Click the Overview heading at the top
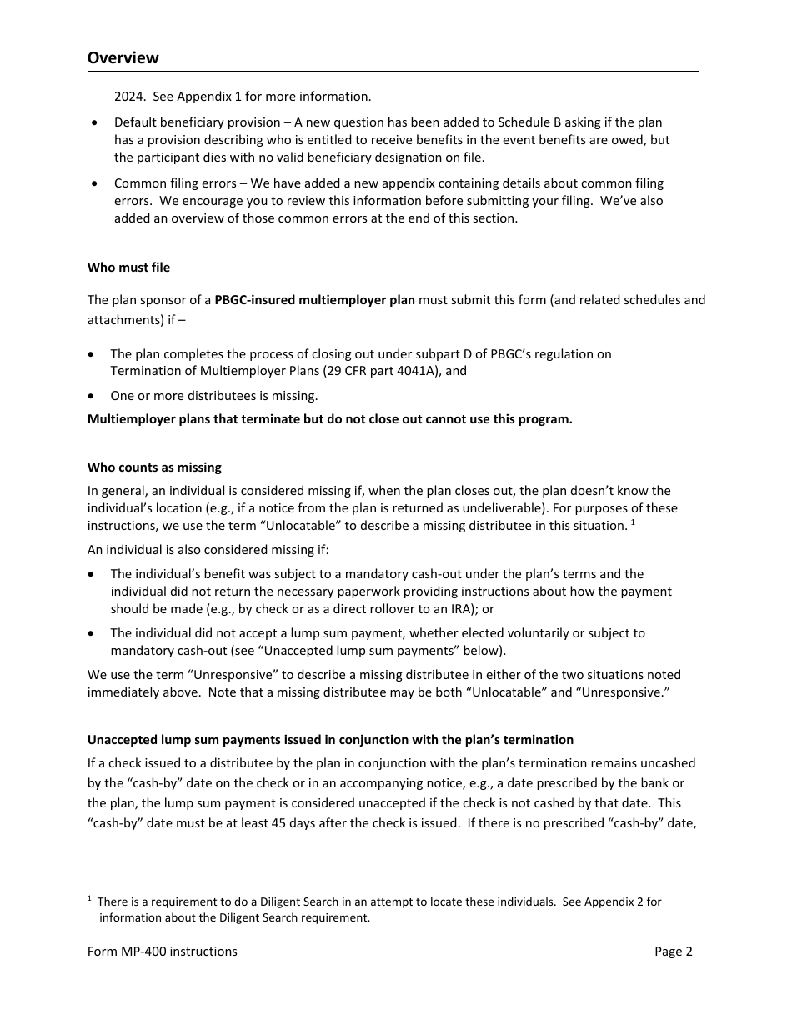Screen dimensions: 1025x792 coord(123,57)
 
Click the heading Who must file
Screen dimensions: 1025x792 coord(128,267)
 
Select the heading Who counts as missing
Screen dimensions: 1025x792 coord(154,467)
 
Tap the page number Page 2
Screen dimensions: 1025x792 coord(673,952)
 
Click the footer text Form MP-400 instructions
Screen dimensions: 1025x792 coord(162,952)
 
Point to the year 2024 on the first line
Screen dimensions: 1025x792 coord(129,97)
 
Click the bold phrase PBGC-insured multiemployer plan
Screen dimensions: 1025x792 coord(314,300)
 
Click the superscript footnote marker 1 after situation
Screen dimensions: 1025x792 coord(633,522)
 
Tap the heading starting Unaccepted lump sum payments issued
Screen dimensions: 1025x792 coord(330,740)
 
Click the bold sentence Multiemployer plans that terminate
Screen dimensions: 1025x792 coord(329,419)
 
